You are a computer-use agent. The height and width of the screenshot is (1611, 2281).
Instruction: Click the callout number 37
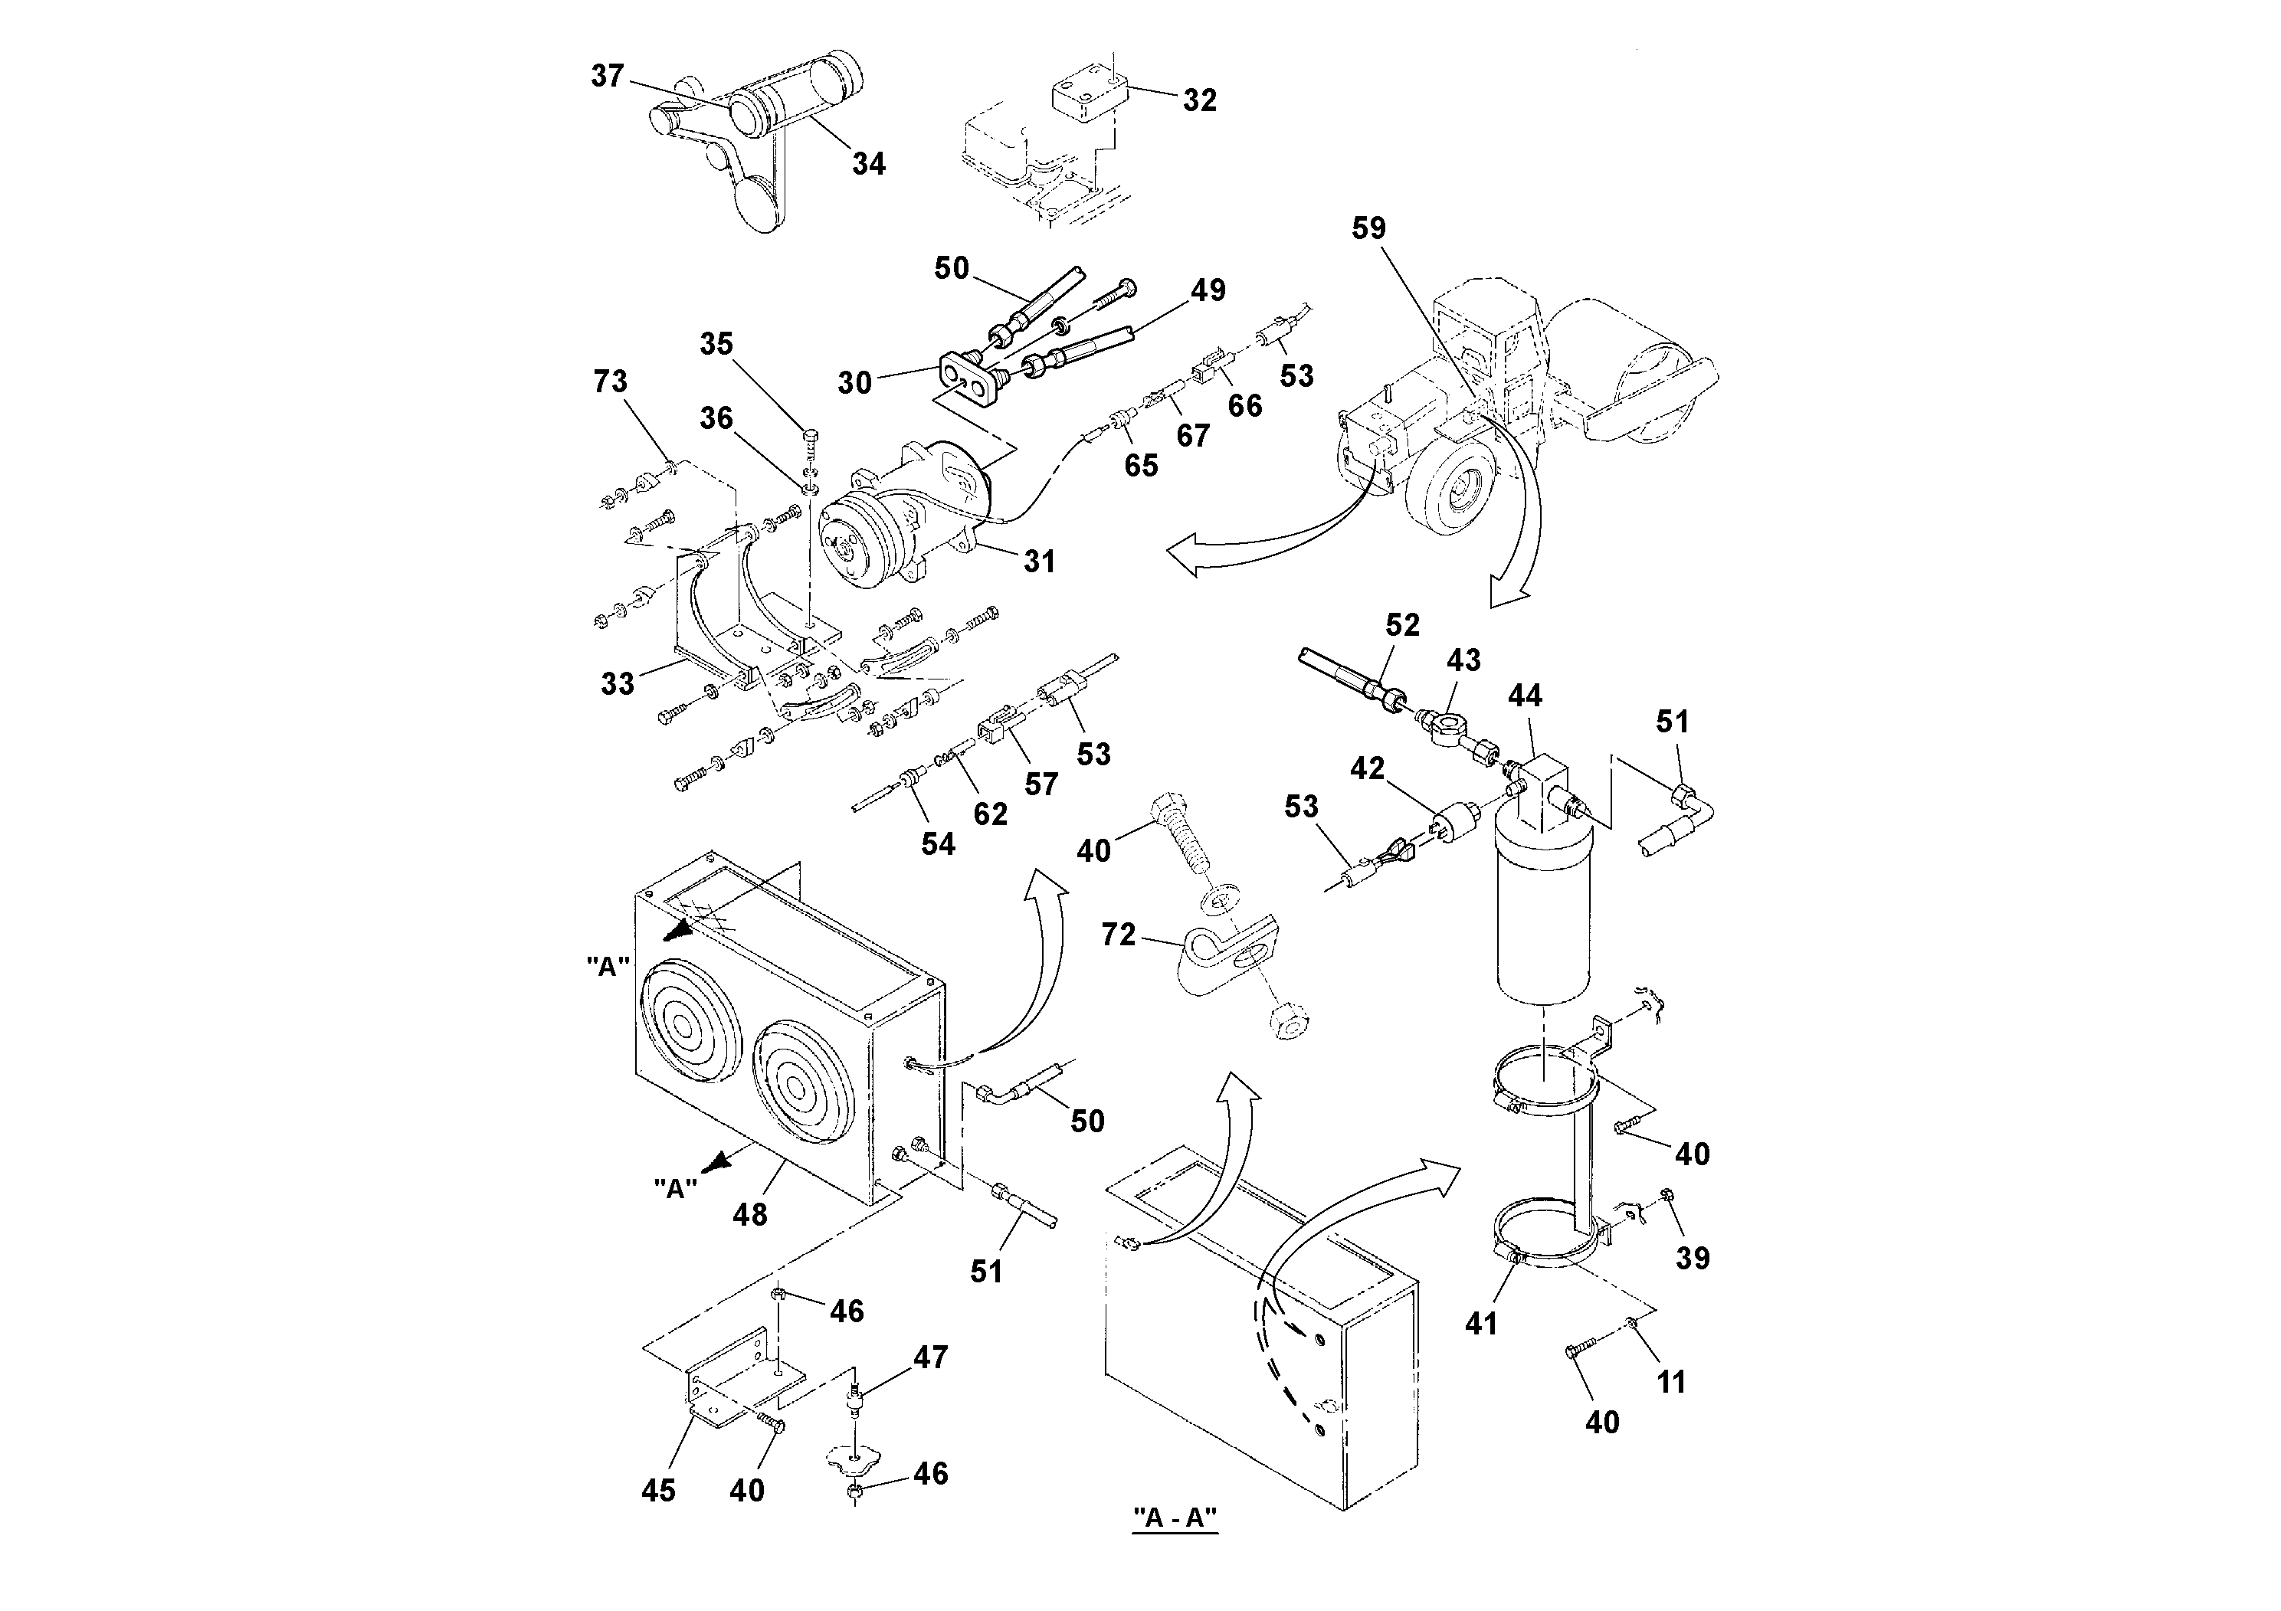(607, 76)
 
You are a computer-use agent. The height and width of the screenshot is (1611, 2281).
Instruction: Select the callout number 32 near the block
(1199, 100)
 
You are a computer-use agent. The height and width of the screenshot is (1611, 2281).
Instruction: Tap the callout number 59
(1368, 228)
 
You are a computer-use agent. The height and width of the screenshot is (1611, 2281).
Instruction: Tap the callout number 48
(750, 1213)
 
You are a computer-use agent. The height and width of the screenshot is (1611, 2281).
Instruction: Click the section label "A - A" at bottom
(1175, 1518)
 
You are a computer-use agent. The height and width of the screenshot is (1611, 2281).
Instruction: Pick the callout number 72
(1118, 935)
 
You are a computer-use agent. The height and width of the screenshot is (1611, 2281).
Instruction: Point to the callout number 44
(1525, 696)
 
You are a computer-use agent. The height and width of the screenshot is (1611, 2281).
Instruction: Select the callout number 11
(1671, 1381)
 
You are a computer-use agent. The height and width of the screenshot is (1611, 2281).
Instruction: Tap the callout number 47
(930, 1357)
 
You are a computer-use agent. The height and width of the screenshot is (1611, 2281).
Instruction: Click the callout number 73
(610, 381)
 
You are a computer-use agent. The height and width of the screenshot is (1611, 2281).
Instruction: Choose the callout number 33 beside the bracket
(617, 683)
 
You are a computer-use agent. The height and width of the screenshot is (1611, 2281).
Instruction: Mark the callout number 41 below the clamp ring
(1480, 1323)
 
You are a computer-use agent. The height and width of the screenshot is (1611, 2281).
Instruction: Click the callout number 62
(989, 814)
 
